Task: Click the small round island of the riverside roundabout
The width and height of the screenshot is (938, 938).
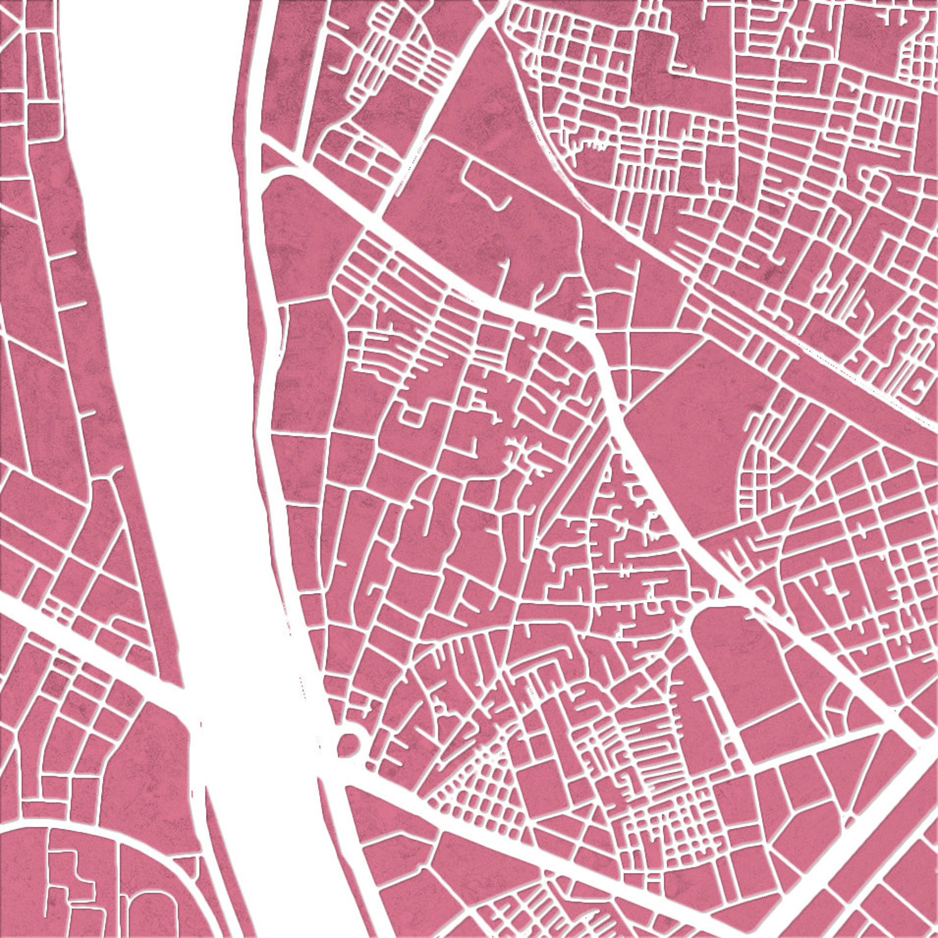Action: (x=349, y=744)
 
